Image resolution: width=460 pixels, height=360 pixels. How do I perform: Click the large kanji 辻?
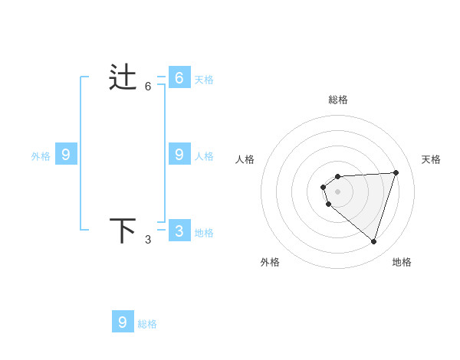[123, 77]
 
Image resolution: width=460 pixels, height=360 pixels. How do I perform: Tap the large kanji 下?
[123, 230]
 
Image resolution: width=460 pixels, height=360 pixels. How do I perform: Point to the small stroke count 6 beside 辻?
[148, 87]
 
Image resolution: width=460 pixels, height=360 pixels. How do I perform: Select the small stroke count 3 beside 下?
[148, 240]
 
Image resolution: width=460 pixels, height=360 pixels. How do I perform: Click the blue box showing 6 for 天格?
[179, 77]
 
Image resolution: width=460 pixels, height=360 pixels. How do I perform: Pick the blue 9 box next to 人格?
[179, 155]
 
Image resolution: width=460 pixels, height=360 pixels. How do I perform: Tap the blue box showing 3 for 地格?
[179, 231]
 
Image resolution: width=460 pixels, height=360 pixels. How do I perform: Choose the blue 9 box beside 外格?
[66, 155]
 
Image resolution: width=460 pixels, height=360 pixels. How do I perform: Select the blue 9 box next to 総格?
[123, 322]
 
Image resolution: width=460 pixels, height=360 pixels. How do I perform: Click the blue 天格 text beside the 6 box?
[204, 80]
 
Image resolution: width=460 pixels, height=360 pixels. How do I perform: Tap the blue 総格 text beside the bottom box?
[147, 324]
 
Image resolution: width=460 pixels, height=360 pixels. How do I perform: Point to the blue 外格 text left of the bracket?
[41, 156]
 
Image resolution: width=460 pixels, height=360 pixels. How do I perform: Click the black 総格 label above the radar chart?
[338, 100]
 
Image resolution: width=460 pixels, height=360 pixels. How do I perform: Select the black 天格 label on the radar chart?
[431, 159]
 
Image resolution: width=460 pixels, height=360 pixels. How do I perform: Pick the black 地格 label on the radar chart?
[402, 262]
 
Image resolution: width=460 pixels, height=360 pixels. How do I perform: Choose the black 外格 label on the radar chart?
[270, 262]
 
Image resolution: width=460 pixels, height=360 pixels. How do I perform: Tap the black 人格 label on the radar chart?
[245, 159]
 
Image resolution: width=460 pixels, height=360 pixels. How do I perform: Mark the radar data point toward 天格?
[396, 172]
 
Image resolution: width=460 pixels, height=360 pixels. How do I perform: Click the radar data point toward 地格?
[373, 241]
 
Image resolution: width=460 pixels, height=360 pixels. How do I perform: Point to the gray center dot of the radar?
[337, 191]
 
